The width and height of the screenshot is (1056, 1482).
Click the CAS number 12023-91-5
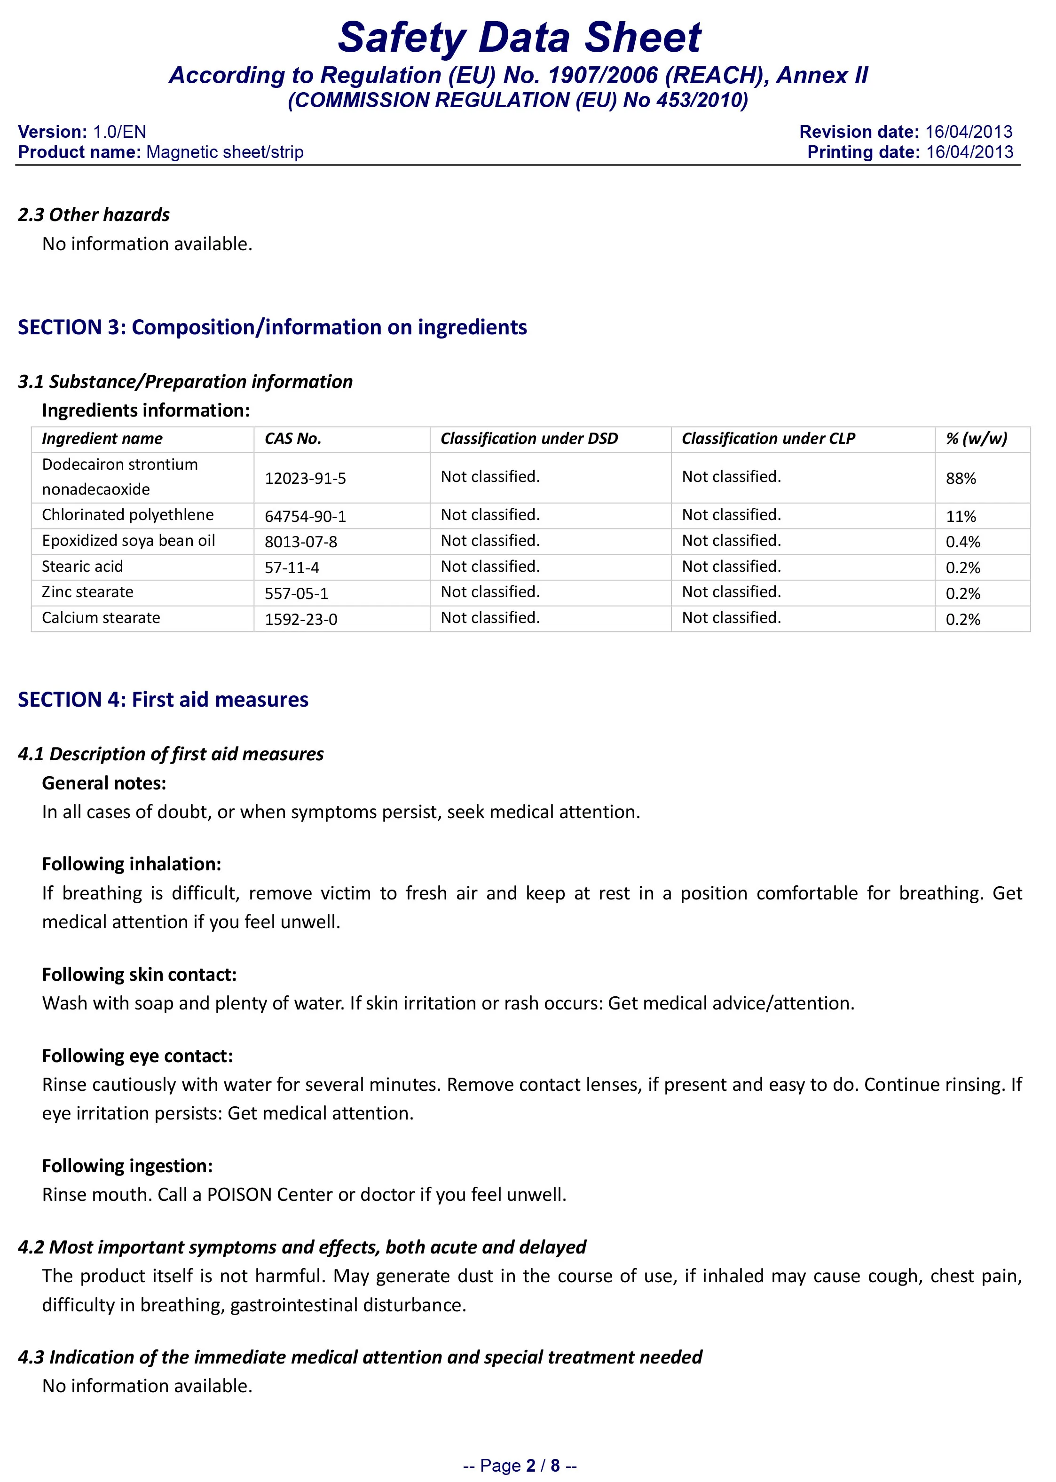coord(305,479)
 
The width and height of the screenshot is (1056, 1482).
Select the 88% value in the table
coord(961,479)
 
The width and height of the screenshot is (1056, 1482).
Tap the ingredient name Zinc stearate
coord(88,592)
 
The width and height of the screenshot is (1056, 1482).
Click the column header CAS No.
coord(292,439)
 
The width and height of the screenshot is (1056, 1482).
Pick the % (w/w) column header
coord(976,439)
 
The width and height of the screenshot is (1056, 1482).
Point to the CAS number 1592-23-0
coord(300,619)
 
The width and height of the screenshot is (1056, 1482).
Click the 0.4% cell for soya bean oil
coord(962,542)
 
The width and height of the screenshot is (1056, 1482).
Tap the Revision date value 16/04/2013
coord(969,132)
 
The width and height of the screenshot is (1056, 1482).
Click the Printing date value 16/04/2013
coord(969,152)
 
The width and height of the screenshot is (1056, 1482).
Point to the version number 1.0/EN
coord(119,132)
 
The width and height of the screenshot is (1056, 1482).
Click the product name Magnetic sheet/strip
coord(225,152)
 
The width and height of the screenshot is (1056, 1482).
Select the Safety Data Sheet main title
coord(519,37)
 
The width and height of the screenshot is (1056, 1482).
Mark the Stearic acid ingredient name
coord(83,567)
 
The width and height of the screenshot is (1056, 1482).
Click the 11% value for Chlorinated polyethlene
coord(961,516)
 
